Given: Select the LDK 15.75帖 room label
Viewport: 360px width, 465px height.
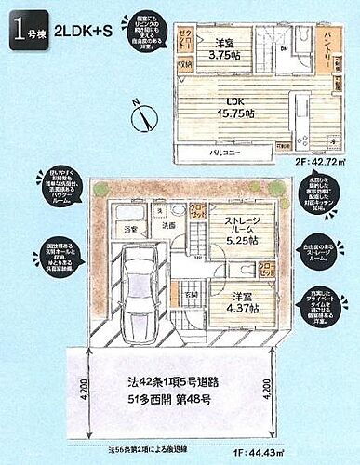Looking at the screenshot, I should coord(234,107).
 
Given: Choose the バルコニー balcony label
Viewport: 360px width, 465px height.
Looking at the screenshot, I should coord(229,148).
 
